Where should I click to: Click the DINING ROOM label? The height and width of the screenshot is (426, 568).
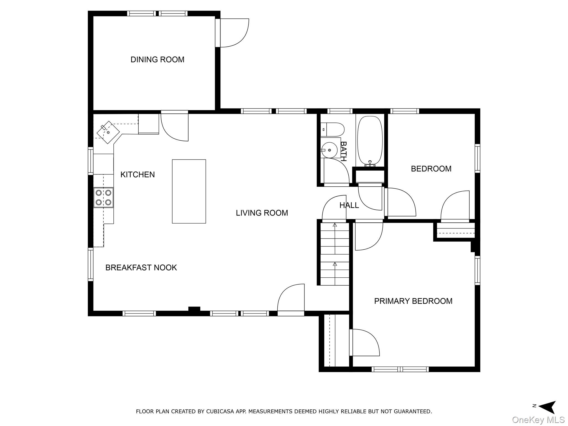(157, 60)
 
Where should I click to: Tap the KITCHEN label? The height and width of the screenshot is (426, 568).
(138, 174)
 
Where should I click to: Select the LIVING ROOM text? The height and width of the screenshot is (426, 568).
(262, 213)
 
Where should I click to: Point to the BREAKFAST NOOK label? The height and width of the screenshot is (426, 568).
(141, 268)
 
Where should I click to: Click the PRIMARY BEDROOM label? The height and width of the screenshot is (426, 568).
(413, 301)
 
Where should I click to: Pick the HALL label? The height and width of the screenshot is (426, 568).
(349, 206)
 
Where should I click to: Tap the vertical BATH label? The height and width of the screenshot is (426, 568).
(343, 151)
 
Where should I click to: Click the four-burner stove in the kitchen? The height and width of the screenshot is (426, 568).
(103, 197)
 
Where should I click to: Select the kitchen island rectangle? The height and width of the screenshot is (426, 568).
(189, 191)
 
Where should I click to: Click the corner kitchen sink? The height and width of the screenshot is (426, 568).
(108, 133)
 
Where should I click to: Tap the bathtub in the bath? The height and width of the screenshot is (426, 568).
(370, 141)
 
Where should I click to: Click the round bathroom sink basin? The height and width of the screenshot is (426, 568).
(329, 150)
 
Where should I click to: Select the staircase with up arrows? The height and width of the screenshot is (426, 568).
(335, 254)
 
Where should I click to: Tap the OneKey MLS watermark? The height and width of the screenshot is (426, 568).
(538, 420)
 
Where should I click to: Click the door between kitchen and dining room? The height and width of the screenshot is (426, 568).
(174, 126)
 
